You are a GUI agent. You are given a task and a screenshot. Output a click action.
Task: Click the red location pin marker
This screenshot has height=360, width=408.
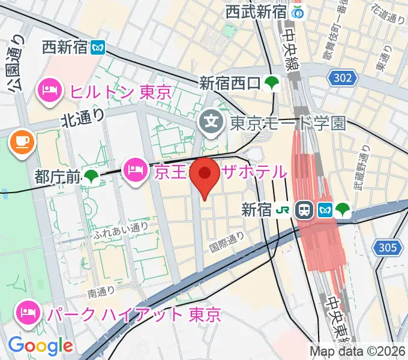tap(205, 175)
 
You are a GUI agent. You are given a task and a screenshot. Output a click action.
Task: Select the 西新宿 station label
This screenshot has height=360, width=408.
tap(66, 47)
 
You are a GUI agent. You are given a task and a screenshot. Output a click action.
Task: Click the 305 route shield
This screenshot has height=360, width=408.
tap(387, 247)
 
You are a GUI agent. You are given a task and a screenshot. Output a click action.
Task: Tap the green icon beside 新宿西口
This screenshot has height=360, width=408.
tap(272, 83)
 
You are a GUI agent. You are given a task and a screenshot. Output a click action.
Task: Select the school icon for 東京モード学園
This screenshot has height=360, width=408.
tap(211, 123)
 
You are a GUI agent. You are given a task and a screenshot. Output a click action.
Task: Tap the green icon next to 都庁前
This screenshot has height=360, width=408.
tap(91, 176)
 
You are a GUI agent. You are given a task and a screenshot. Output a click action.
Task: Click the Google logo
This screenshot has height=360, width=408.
tap(40, 345)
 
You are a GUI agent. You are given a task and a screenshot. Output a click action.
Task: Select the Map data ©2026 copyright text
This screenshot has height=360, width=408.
tap(358, 351)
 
